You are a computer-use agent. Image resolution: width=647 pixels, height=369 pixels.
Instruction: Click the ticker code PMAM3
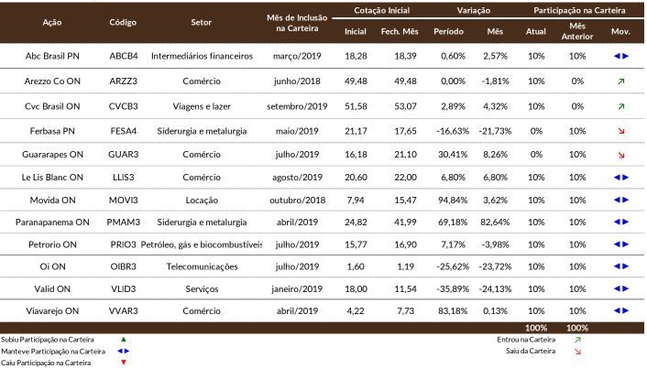tap(124, 222)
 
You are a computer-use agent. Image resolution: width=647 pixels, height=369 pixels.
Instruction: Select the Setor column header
tap(201, 22)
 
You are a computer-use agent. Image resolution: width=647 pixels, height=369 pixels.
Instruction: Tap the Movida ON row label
tap(52, 201)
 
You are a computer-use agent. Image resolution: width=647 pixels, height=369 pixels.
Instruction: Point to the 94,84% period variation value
tap(453, 201)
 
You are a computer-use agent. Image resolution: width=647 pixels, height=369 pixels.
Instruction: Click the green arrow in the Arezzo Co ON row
tap(621, 81)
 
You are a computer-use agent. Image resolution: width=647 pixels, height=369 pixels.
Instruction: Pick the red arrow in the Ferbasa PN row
tap(621, 131)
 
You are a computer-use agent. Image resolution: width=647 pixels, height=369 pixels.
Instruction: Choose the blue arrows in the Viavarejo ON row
tap(621, 311)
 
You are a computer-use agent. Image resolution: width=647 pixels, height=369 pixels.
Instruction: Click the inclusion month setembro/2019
tap(297, 106)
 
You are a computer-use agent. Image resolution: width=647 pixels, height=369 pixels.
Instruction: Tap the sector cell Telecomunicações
tap(202, 266)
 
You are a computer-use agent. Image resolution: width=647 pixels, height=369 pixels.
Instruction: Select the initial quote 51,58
tap(356, 106)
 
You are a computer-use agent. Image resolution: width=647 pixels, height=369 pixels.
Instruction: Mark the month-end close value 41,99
tap(405, 222)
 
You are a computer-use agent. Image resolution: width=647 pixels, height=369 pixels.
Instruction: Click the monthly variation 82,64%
tap(495, 222)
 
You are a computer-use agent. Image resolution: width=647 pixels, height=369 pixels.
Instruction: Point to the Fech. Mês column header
tap(400, 31)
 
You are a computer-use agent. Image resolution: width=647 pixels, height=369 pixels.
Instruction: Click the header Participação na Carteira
tap(579, 11)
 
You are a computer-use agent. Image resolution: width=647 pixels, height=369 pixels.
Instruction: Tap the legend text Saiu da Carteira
tap(531, 352)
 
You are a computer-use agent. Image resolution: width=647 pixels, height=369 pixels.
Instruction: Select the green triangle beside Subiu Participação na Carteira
tap(124, 340)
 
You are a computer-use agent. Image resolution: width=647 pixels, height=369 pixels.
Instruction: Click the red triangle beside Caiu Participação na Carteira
tap(124, 363)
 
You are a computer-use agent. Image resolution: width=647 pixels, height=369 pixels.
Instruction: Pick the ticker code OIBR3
tap(124, 266)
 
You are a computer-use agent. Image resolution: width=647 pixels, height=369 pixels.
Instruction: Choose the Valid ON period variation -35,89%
tap(453, 289)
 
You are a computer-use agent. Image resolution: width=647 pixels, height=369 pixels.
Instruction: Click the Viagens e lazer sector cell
tap(202, 106)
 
